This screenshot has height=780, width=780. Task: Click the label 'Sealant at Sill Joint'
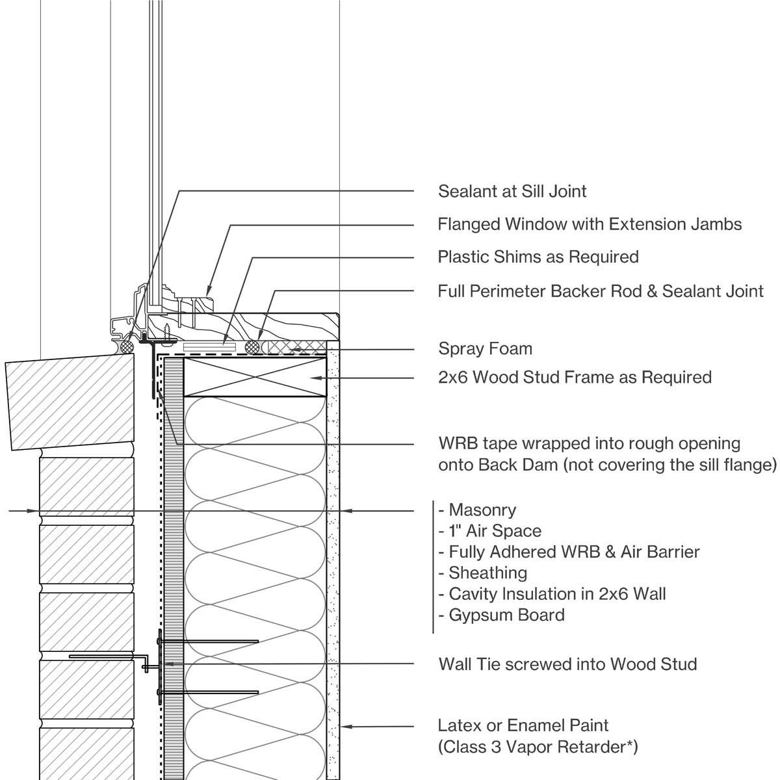[x=512, y=191]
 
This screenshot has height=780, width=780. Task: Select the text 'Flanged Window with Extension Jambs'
[x=590, y=224]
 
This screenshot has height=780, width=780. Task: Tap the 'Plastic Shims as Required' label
[x=538, y=257]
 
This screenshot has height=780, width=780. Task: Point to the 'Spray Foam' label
[x=485, y=348]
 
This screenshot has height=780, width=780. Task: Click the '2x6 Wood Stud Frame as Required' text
[x=575, y=377]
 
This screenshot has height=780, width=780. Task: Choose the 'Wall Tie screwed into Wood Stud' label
[x=567, y=664]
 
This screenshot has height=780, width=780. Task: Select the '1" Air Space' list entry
[x=495, y=531]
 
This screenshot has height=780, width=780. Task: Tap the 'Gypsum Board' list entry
[x=506, y=615]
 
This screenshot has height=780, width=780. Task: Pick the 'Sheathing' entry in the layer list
[x=487, y=573]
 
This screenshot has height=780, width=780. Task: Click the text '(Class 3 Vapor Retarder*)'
[x=538, y=747]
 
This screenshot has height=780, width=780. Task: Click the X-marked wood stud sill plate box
[x=255, y=377]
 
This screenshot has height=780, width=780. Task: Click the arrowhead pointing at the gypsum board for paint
[x=346, y=726]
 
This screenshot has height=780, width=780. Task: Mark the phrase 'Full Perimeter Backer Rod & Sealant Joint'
[x=600, y=291]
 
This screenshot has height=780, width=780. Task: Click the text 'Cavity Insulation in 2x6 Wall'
[x=557, y=593]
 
